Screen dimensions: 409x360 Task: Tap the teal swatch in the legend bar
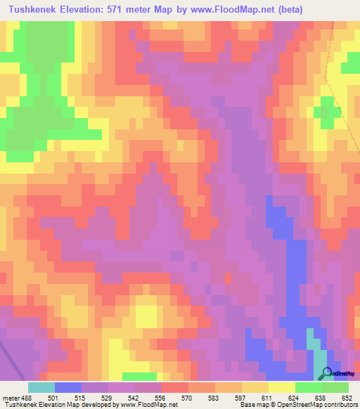click(x=41, y=387)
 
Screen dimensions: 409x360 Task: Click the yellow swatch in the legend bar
click(x=282, y=387)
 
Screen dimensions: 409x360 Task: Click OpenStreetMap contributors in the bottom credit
click(x=317, y=405)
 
